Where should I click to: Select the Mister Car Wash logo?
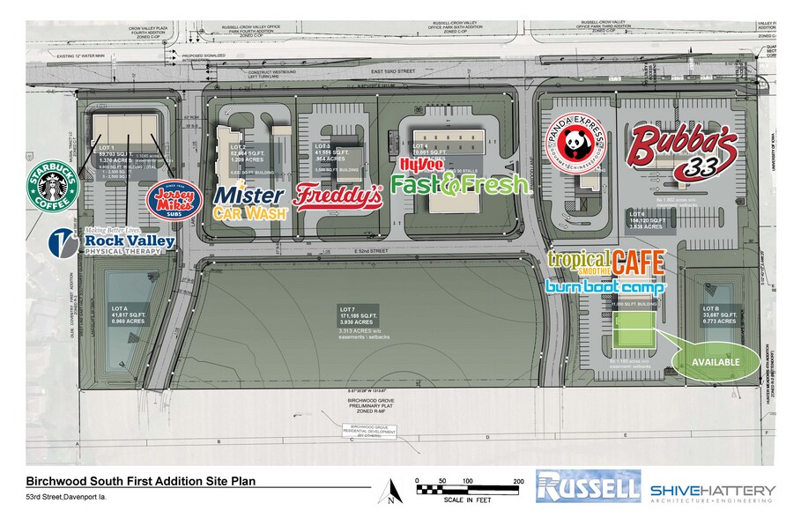click(x=249, y=201)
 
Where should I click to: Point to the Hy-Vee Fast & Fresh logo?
click(x=438, y=178)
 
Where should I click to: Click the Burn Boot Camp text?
click(x=605, y=286)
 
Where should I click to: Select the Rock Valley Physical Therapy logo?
click(x=111, y=241)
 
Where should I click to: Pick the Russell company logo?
click(x=587, y=488)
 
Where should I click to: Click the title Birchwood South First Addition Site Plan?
click(x=142, y=481)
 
